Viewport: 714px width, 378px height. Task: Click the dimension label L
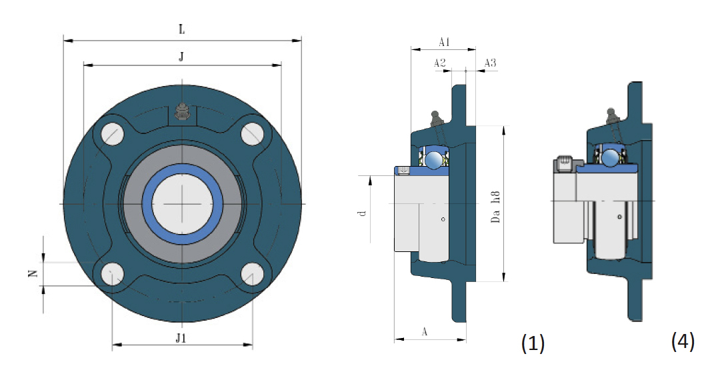point(181,30)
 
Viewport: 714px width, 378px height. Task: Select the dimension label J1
point(181,338)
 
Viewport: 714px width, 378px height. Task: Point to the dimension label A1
point(445,42)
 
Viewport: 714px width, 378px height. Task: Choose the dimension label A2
point(439,63)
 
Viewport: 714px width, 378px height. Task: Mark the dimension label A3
point(490,63)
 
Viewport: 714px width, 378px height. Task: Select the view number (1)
point(532,343)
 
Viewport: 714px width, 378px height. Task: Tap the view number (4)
point(683,342)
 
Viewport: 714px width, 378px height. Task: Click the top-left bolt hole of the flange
point(113,133)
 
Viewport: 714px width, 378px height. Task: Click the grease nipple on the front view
point(182,112)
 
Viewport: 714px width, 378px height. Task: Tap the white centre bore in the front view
point(182,203)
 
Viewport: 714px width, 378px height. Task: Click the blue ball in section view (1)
point(435,159)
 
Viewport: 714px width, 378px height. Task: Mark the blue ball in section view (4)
point(610,157)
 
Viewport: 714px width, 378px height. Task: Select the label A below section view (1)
point(425,331)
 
